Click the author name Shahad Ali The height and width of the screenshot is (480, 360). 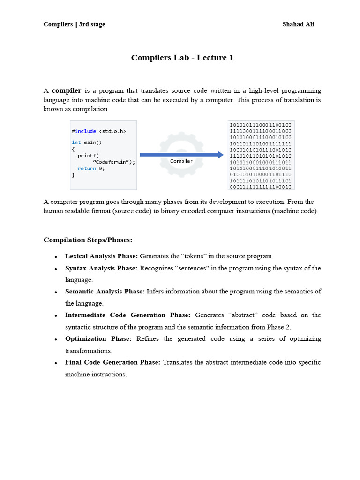[298, 24]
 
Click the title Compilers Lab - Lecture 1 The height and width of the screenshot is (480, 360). [182, 58]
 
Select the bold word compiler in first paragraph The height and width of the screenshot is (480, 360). [67, 90]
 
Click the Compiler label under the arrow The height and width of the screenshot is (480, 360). [181, 161]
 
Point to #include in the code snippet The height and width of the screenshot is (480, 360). [84, 131]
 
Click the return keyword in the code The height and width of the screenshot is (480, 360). [87, 168]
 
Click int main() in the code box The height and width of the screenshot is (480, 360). [87, 142]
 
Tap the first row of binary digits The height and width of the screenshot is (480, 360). [260, 125]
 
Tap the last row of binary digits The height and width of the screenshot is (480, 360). [260, 187]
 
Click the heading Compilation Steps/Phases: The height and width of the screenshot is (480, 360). [88, 240]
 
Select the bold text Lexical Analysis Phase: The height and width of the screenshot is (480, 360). [101, 256]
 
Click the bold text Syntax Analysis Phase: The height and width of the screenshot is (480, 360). [101, 268]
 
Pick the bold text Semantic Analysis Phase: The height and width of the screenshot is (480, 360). [105, 292]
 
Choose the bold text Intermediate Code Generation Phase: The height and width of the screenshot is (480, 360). [127, 315]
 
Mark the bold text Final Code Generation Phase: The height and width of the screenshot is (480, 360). [112, 362]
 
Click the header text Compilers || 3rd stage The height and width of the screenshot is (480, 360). [74, 24]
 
